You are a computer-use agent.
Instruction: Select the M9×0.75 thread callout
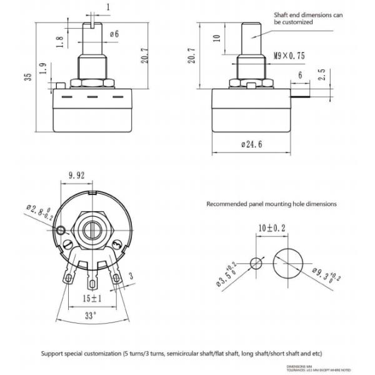tap(289, 56)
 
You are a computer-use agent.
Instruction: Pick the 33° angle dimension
tap(91, 315)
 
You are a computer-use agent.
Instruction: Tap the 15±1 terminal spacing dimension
tap(91, 299)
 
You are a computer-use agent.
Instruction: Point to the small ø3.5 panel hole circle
tap(256, 262)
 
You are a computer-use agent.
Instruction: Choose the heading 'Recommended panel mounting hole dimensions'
tap(271, 204)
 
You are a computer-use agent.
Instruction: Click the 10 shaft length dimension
tap(216, 37)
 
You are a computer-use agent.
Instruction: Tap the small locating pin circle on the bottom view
tap(61, 233)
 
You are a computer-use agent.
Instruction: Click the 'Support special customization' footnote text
tap(181, 354)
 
